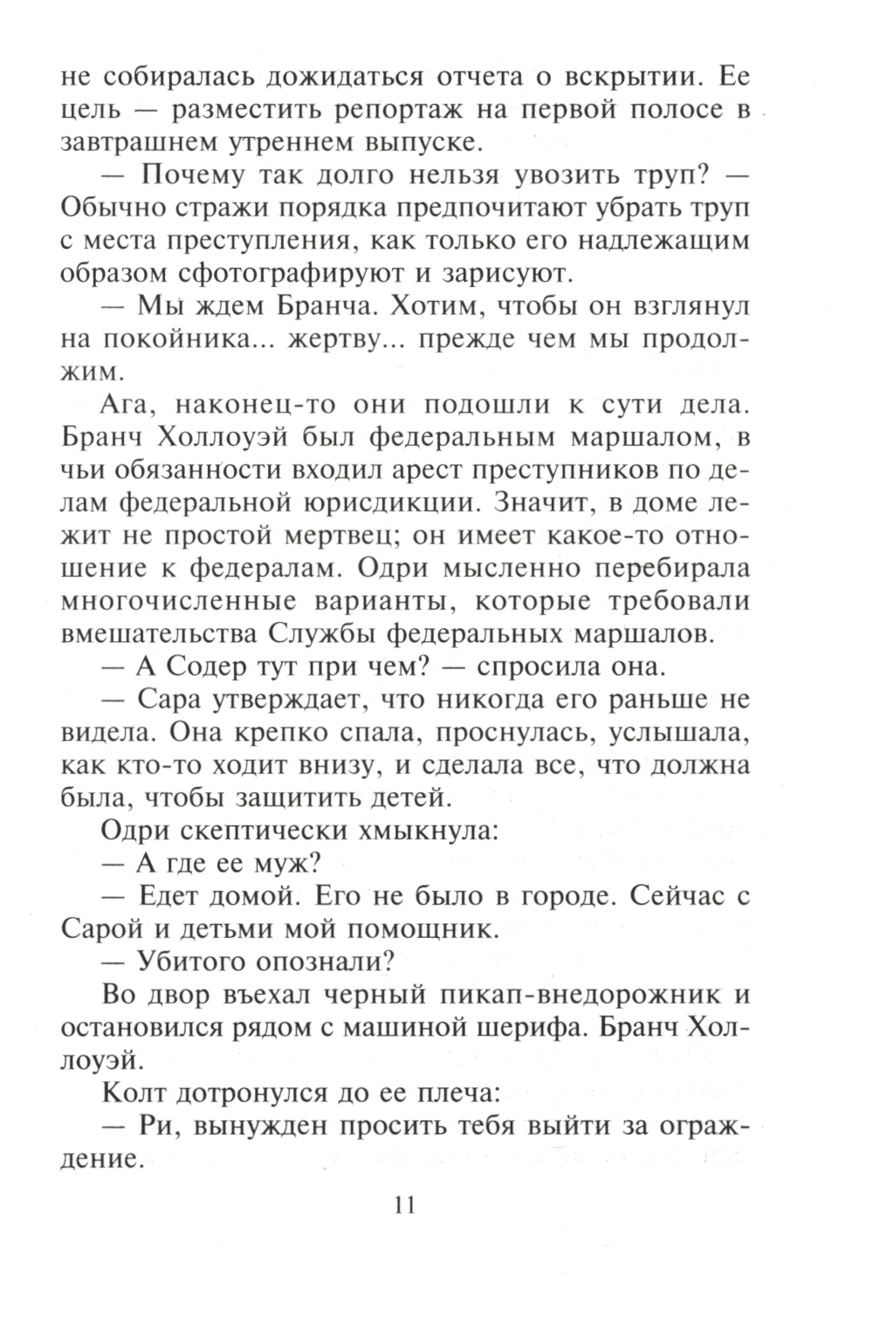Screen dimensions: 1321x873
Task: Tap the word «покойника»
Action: pos(185,339)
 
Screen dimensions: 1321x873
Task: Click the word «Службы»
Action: pos(317,634)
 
